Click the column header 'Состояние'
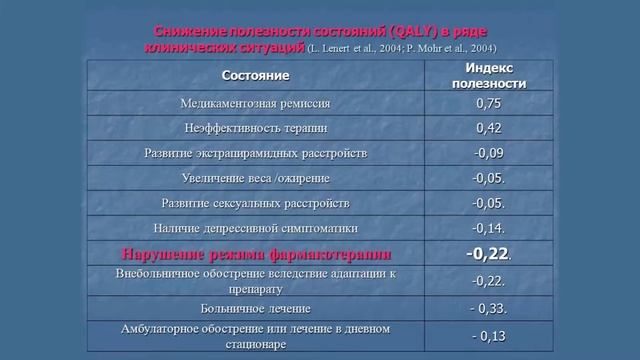tap(255, 75)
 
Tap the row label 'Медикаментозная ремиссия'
tap(255, 103)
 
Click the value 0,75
tap(488, 103)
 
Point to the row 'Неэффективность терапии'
tap(255, 129)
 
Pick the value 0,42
tap(488, 128)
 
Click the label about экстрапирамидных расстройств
tap(255, 154)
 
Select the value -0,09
tap(488, 153)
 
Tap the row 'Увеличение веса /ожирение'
tap(255, 179)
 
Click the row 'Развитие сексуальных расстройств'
tap(255, 203)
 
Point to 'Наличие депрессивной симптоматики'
tap(255, 228)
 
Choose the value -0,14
tap(488, 228)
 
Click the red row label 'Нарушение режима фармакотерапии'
tap(255, 254)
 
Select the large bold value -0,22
tap(487, 254)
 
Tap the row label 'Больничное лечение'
tap(255, 308)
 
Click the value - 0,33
tap(488, 308)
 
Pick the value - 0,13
tap(488, 335)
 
